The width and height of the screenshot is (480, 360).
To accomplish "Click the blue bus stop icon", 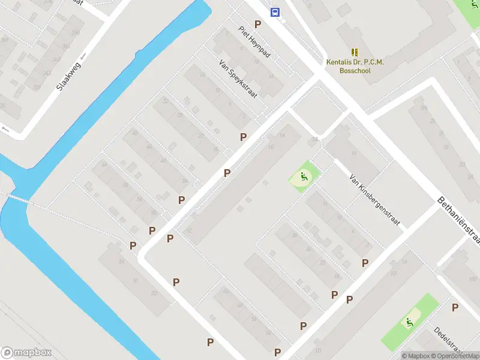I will [275, 12].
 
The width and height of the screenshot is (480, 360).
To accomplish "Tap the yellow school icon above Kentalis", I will [354, 52].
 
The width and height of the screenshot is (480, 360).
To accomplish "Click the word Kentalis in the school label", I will [340, 62].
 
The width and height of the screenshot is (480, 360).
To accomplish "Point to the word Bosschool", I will [356, 71].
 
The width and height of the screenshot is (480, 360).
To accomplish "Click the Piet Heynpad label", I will [254, 41].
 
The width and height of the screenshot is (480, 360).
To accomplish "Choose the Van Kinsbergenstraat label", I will [374, 202].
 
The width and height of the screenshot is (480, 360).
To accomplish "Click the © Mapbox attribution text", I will [415, 356].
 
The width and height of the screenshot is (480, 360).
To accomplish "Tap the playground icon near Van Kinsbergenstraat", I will [305, 177].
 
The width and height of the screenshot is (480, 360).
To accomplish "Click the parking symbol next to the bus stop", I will [258, 24].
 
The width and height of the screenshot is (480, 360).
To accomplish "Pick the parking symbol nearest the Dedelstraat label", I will [455, 308].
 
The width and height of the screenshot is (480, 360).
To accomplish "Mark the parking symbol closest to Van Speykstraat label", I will [243, 137].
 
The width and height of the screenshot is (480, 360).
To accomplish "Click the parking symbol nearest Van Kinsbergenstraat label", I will [365, 263].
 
